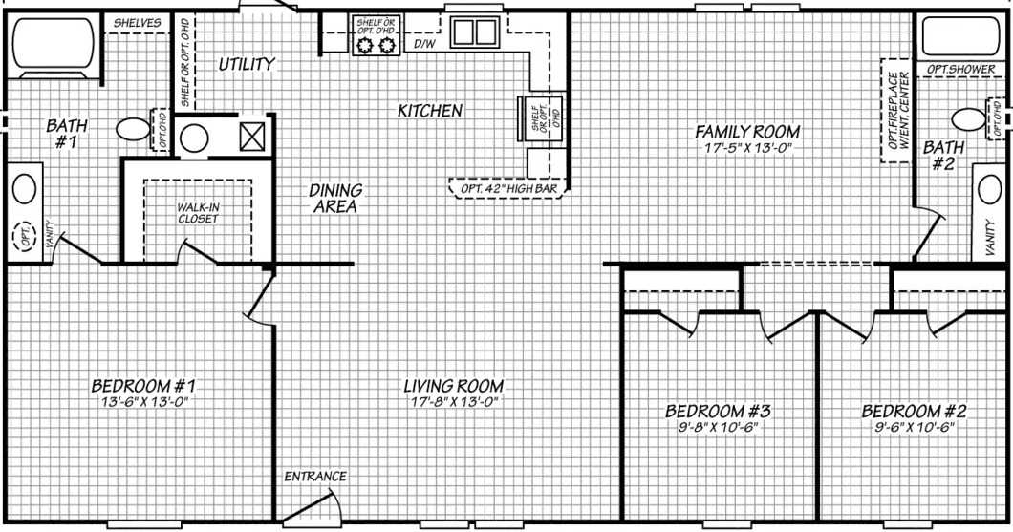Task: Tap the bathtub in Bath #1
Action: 53,45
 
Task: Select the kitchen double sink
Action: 470,33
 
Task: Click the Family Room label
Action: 746,131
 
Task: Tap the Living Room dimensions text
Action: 453,402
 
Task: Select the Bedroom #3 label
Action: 718,412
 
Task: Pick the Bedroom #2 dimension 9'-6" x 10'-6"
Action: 915,427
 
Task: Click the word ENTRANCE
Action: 314,476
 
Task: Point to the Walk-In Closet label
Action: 198,212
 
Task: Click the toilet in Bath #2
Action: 969,119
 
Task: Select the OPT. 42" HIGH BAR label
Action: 507,187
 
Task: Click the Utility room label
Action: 247,64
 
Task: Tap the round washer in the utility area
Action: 195,138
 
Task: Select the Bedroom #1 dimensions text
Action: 142,402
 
